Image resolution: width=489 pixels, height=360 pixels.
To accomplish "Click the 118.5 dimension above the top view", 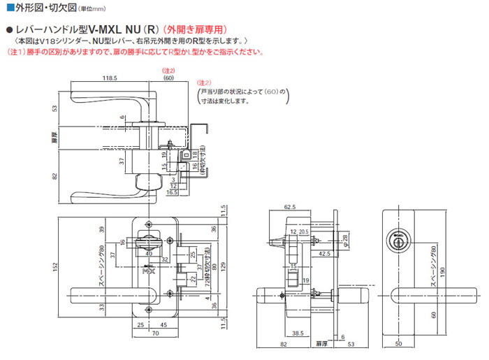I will tap(108, 79).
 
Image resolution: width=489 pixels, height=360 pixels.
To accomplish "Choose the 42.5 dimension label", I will tap(326, 254).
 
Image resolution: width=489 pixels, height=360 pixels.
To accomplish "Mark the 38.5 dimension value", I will tap(298, 333).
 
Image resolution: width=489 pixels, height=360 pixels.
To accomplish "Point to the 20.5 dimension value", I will tap(305, 231).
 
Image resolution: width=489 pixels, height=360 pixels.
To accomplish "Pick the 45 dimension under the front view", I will tap(163, 326).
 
